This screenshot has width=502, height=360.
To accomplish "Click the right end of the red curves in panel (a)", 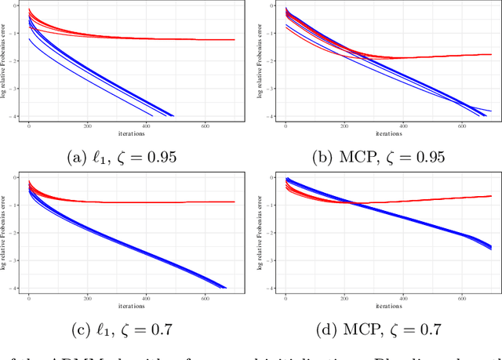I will (x=234, y=40).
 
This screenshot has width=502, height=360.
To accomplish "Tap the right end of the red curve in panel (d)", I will (x=491, y=196).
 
